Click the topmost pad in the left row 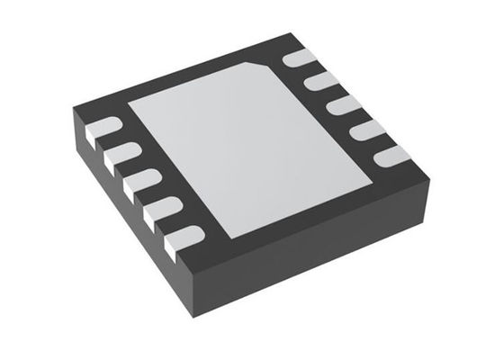tap(104, 128)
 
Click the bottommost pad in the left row tap(181, 238)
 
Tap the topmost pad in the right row tap(300, 60)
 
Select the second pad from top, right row tap(319, 83)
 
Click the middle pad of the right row tap(342, 106)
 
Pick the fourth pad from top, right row tap(365, 130)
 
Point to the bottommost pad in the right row tap(390, 156)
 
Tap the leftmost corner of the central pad tap(129, 101)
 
